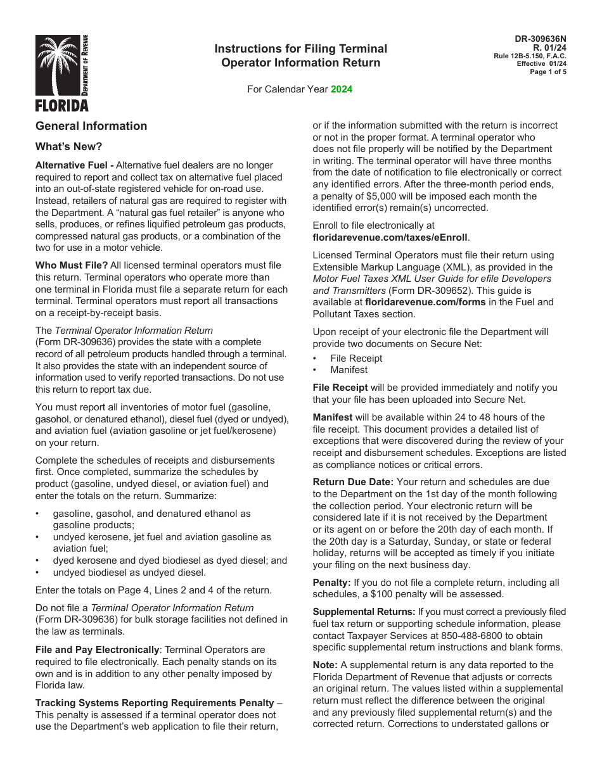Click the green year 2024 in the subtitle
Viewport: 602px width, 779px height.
342,89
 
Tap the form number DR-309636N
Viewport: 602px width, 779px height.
541,39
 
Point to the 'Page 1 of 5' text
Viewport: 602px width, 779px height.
548,72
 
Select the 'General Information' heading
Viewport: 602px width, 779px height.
91,126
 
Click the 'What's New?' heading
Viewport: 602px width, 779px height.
68,147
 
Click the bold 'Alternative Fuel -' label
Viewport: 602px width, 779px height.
75,165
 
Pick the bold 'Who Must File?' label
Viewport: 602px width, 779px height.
72,265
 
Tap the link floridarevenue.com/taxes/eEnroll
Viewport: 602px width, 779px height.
390,237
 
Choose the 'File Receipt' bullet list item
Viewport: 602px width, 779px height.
356,358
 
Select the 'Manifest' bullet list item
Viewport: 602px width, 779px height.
349,370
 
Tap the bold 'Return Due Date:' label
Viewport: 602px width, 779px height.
352,482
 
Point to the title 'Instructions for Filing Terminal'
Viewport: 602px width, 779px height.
300,49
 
